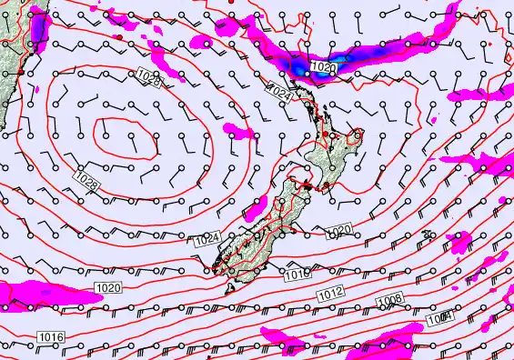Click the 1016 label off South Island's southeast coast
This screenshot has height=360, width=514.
click(x=297, y=273)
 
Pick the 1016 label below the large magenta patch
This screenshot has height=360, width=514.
click(x=50, y=337)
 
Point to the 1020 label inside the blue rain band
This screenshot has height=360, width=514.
click(x=322, y=67)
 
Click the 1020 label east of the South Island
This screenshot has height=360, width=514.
click(x=337, y=229)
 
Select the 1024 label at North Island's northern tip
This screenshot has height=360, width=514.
click(x=279, y=92)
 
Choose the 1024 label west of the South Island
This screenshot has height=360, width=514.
click(x=207, y=239)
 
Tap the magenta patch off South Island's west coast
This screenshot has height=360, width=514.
click(x=239, y=132)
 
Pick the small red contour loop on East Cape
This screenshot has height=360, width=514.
click(x=358, y=135)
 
